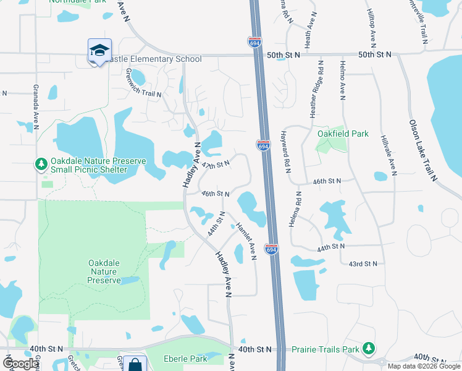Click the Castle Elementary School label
click(154, 59)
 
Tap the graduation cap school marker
click(99, 51)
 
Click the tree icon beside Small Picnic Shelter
click(41, 164)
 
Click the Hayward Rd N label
click(286, 151)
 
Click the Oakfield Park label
click(343, 134)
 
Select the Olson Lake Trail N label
click(422, 150)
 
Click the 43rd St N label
click(363, 264)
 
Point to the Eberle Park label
click(185, 359)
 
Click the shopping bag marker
click(134, 364)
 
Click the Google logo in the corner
click(21, 364)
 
